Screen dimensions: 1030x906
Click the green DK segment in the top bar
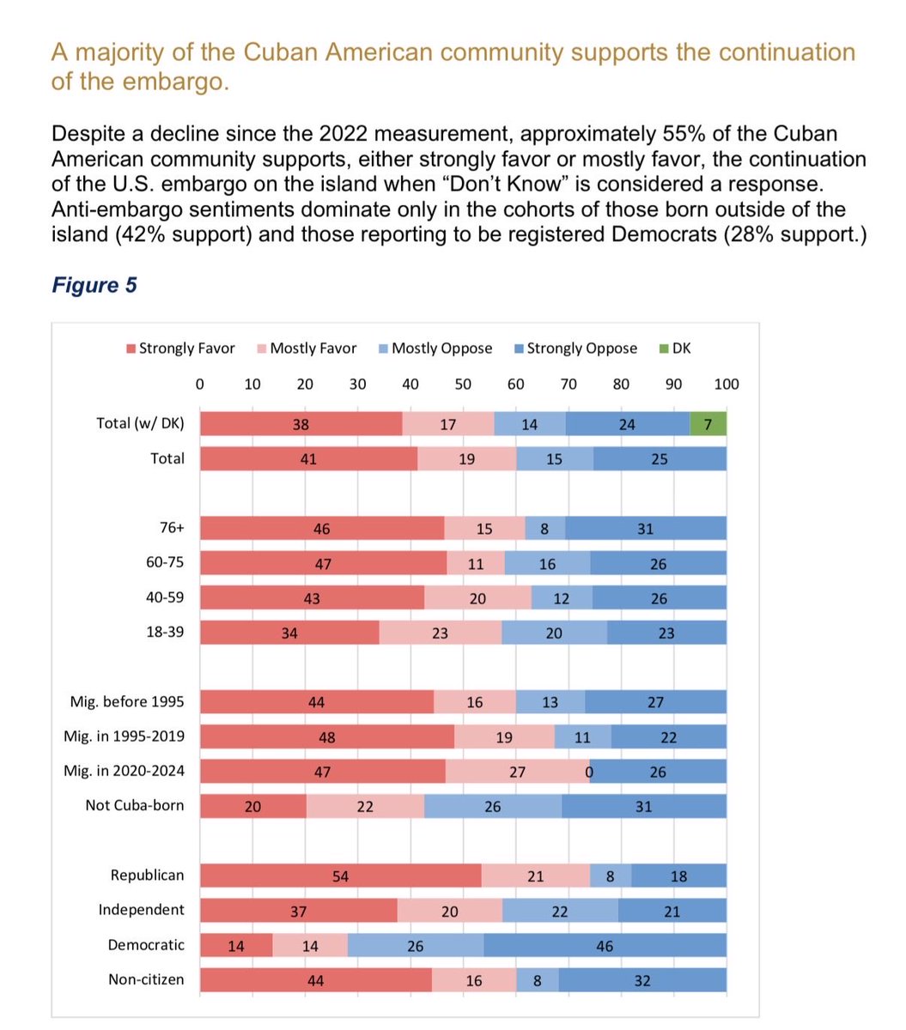coord(708,424)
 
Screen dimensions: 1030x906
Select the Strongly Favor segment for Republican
coord(341,875)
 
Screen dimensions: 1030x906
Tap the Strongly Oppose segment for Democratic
coord(605,945)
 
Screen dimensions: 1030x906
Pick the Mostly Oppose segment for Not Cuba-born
coord(493,806)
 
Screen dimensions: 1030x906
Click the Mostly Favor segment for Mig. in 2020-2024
coord(517,771)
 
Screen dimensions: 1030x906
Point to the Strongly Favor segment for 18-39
coord(289,633)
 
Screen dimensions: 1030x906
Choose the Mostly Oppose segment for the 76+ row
coord(545,529)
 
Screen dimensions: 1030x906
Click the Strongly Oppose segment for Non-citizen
coord(641,980)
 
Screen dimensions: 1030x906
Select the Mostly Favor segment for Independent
coord(450,911)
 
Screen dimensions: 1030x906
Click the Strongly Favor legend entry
coord(181,348)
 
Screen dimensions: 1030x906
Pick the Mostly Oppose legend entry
coord(435,348)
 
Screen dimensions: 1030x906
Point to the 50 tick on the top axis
coord(463,384)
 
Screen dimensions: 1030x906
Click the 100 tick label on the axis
coord(726,384)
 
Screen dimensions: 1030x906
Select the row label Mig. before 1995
coord(127,702)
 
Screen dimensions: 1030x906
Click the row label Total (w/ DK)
coord(140,423)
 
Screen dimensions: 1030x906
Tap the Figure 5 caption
coord(94,285)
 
